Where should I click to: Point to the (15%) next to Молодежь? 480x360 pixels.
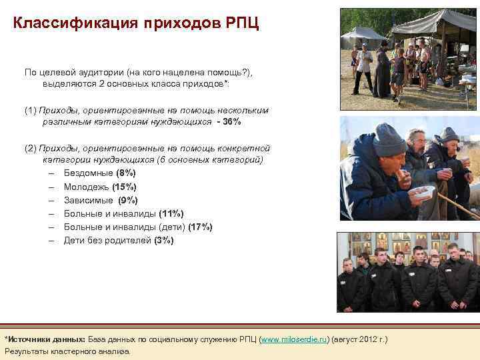click(124, 187)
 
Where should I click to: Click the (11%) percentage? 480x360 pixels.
click(171, 213)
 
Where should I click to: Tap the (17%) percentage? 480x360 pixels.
click(200, 227)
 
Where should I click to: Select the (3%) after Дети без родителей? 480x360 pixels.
click(163, 240)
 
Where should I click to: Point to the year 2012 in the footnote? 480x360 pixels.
click(369, 339)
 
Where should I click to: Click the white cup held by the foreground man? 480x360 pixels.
click(422, 192)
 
